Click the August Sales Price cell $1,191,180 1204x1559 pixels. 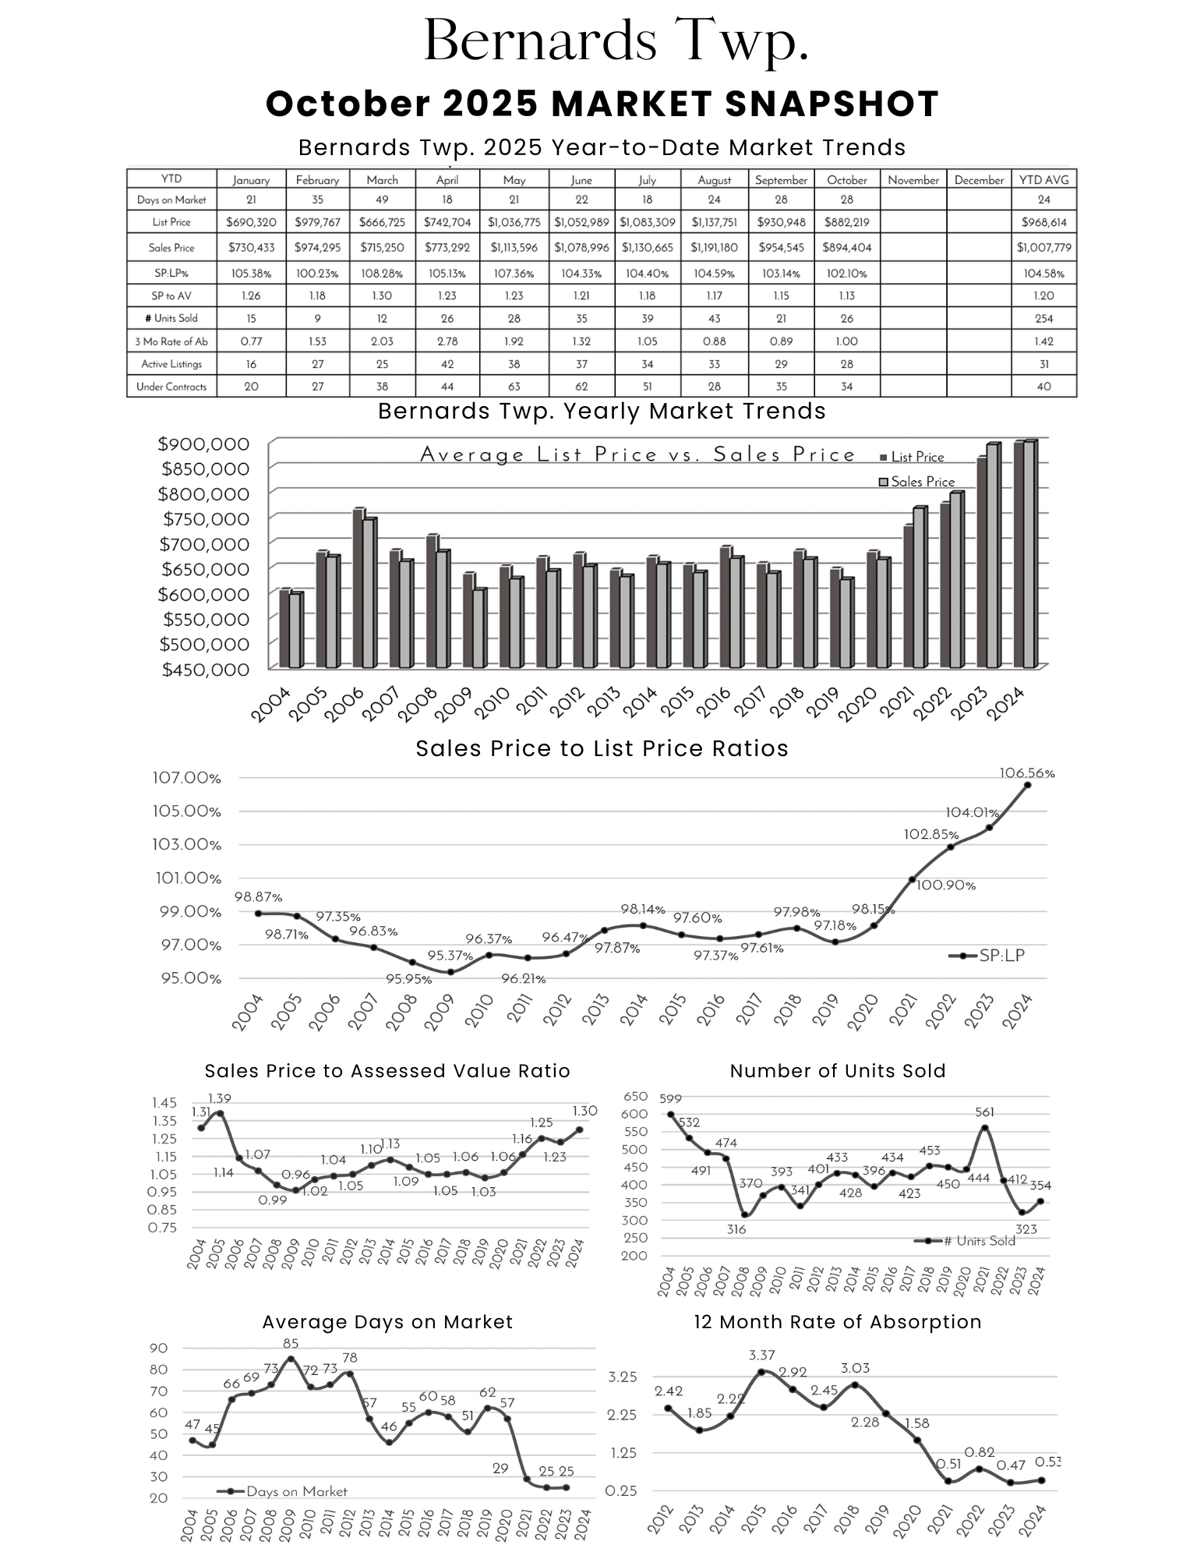[x=714, y=248]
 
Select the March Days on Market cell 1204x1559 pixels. [x=382, y=200]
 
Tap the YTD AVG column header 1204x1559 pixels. [x=1043, y=180]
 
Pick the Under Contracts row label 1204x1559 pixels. [x=171, y=387]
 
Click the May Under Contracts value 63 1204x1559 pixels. [x=514, y=387]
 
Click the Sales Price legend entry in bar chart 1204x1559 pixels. [x=917, y=482]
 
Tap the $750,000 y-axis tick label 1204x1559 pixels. [x=205, y=519]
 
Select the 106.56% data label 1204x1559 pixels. [x=1026, y=773]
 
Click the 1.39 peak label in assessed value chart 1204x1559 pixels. [x=219, y=1098]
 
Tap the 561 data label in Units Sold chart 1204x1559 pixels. [x=984, y=1112]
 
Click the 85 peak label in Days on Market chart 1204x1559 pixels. [x=291, y=1343]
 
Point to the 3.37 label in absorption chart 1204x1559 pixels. [x=761, y=1356]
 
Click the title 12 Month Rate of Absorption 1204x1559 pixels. [x=837, y=1322]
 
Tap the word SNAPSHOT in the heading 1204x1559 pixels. [x=832, y=104]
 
